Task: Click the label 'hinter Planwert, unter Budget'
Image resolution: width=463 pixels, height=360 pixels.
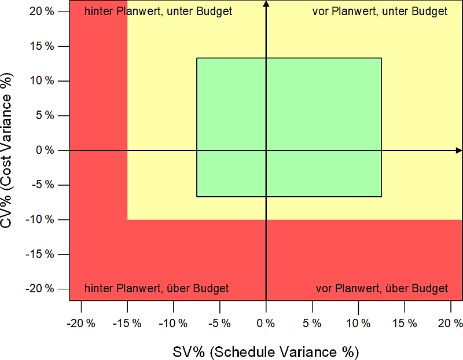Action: click(x=159, y=12)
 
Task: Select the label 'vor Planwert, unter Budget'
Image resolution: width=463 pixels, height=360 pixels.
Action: click(x=380, y=12)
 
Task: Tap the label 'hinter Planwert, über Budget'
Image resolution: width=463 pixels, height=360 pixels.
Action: click(x=157, y=288)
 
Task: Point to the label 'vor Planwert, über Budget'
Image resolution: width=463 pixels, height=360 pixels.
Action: click(x=381, y=288)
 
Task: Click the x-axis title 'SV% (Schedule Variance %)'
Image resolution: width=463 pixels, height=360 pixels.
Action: click(x=266, y=351)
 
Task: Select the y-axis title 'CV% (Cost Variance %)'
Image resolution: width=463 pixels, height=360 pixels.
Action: click(x=8, y=150)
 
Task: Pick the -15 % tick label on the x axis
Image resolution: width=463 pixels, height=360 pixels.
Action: click(x=127, y=323)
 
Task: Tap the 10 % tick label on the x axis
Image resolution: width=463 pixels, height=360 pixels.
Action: click(x=359, y=323)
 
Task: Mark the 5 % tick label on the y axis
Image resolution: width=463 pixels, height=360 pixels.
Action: click(x=43, y=116)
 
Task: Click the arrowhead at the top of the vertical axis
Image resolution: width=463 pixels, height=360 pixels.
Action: click(x=266, y=4)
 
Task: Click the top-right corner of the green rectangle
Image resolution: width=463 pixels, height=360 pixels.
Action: click(x=381, y=58)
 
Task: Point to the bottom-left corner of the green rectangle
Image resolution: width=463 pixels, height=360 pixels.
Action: click(x=197, y=197)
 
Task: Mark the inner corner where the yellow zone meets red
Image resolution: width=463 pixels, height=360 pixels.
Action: click(x=127, y=220)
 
